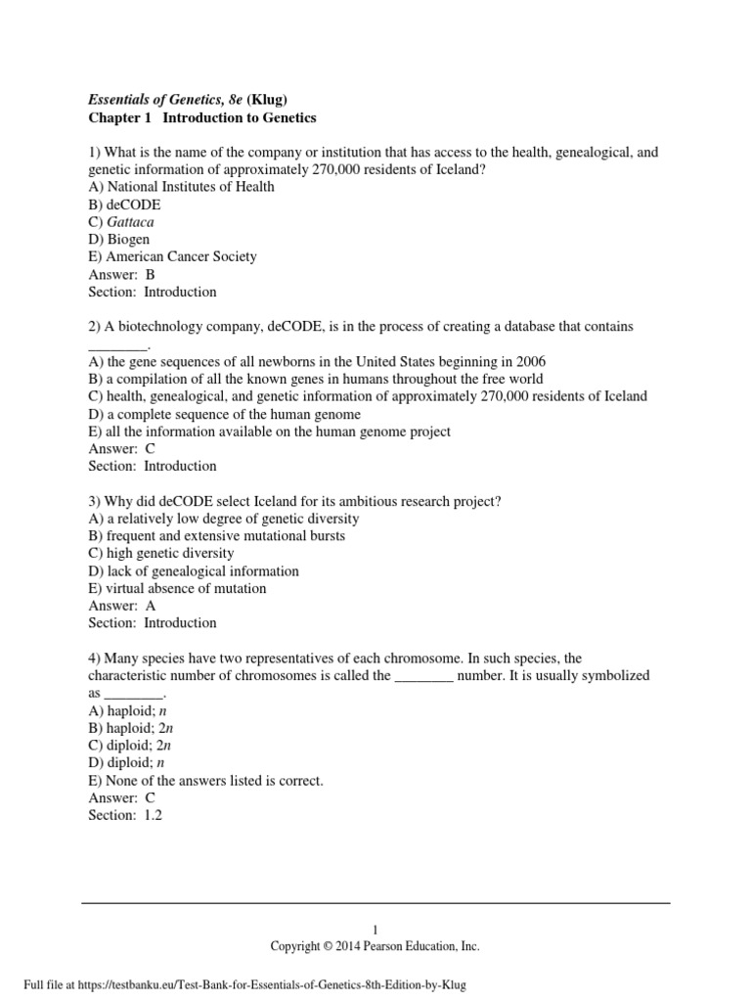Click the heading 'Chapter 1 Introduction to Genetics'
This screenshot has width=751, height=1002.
click(x=202, y=117)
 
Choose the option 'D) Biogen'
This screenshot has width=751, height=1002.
click(x=119, y=240)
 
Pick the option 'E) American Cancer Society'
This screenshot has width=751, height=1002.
click(x=172, y=256)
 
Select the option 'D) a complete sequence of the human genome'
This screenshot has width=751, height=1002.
click(x=210, y=414)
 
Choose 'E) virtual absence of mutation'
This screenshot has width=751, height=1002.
click(x=176, y=588)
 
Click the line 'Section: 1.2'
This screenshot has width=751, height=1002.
click(x=124, y=814)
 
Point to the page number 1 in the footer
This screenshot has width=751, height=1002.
click(x=375, y=930)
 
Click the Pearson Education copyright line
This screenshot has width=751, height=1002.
click(x=375, y=946)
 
